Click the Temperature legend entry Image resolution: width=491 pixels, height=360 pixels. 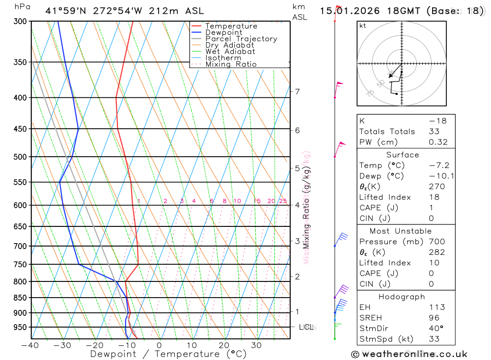231,26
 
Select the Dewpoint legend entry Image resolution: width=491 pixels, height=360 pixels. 223,32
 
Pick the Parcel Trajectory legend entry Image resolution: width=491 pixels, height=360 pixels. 241,39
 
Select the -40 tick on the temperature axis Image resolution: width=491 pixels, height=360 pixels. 30,345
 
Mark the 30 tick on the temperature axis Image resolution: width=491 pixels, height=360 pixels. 256,345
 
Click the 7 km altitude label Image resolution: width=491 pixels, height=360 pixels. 297,91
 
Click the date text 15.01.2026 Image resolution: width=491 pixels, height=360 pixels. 346,10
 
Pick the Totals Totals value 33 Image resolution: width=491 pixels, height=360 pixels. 434,131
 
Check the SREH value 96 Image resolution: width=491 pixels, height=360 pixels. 434,318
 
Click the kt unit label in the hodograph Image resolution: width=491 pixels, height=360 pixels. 363,26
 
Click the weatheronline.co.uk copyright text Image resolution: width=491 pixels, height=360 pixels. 409,354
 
